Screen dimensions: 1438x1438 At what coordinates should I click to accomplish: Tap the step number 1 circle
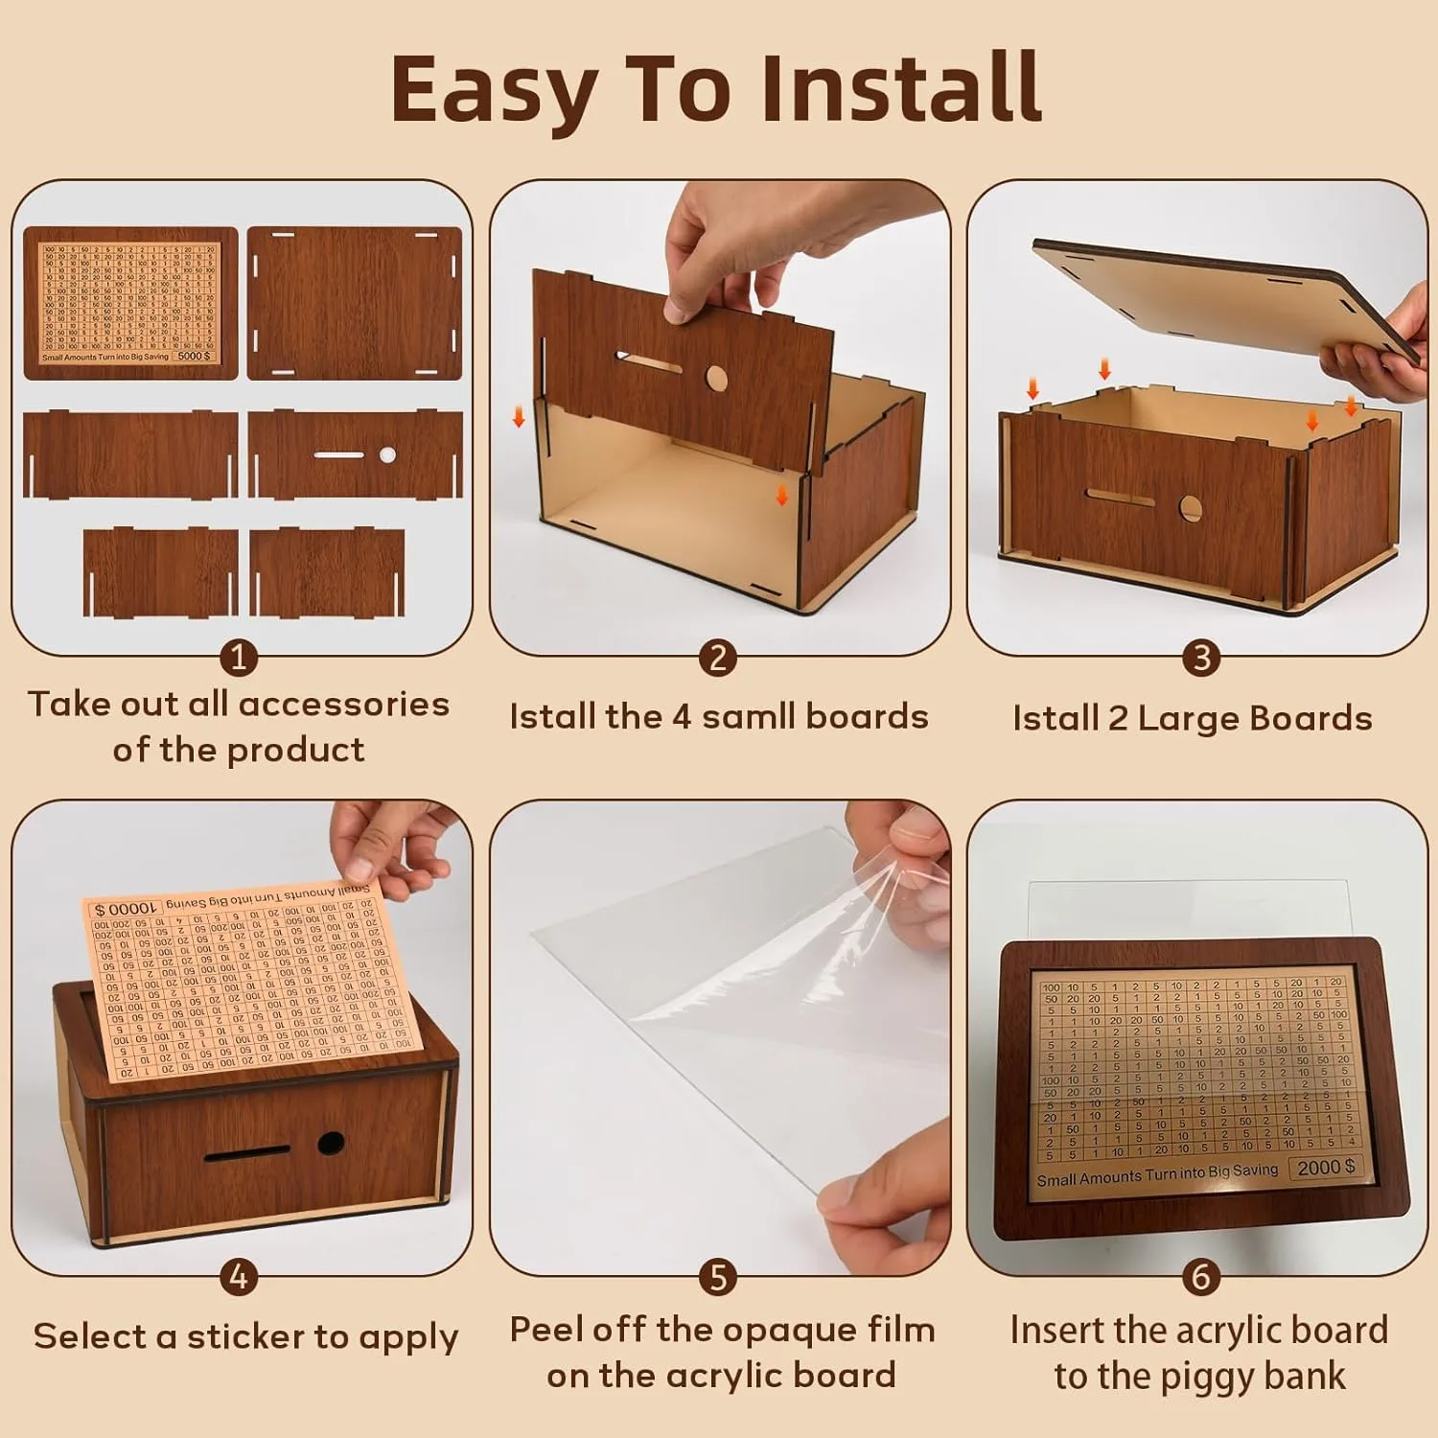point(239,658)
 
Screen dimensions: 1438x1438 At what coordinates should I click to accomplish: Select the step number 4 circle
point(239,1277)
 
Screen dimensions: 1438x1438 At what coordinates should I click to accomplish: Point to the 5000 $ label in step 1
point(194,356)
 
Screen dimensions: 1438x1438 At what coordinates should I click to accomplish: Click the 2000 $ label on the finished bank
point(1326,1167)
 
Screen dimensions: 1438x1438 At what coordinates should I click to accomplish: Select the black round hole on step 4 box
point(331,1143)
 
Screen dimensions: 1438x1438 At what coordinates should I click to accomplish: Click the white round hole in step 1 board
point(387,455)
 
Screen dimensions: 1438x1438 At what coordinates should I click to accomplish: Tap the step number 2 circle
point(718,658)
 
